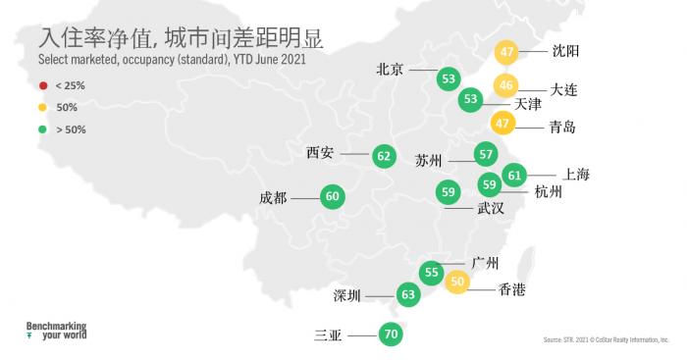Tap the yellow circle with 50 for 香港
pos(457,283)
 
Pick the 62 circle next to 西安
pos(384,155)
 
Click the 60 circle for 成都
pos(332,197)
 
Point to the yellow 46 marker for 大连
pos(504,86)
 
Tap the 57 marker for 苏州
pos(485,154)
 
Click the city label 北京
pos(391,71)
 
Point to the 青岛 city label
pos(562,128)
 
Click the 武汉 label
pos(491,208)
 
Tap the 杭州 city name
pos(550,192)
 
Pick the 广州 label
pos(486,263)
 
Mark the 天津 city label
pos(528,103)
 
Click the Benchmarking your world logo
pos(56,329)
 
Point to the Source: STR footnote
pos(605,340)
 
